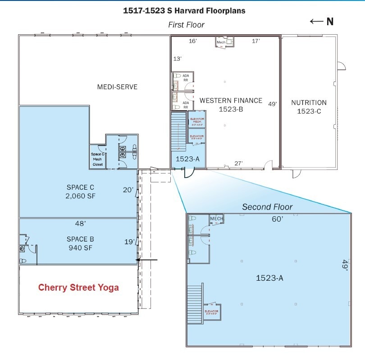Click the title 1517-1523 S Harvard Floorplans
click(184, 11)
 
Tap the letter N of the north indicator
click(330, 22)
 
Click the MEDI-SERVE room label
click(117, 87)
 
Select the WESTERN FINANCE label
click(231, 100)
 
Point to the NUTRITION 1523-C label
click(309, 106)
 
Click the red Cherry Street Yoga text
click(78, 287)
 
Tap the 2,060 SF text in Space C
click(80, 196)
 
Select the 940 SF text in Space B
click(80, 247)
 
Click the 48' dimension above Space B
click(81, 223)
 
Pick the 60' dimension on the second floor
click(277, 219)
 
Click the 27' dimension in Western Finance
click(238, 163)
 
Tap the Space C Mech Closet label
click(98, 159)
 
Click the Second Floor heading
click(267, 207)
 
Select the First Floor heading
click(186, 25)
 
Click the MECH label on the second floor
click(216, 219)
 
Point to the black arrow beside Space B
click(147, 260)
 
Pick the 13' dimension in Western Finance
click(178, 59)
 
